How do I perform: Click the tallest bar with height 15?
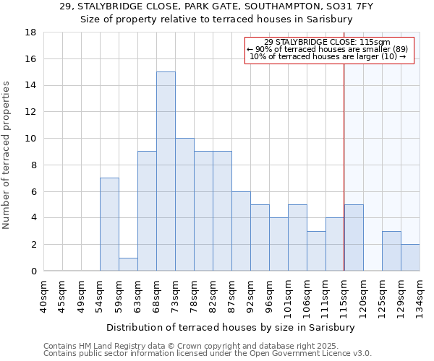166,171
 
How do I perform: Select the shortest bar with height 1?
128,264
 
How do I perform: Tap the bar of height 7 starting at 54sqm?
109,224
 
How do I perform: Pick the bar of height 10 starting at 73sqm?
184,204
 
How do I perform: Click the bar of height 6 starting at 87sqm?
241,231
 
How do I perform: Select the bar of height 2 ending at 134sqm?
410,257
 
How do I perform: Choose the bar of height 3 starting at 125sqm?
391,251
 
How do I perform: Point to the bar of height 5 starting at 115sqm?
354,238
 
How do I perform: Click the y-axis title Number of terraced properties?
7,155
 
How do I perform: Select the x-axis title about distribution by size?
230,327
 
